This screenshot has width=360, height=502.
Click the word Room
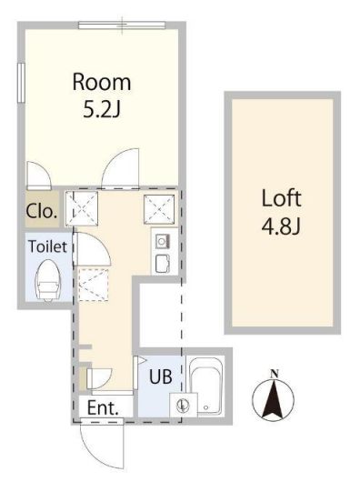(x=102, y=82)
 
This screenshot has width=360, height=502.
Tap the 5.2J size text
(x=102, y=109)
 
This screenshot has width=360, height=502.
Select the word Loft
(x=281, y=198)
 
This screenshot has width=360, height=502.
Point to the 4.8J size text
(x=281, y=226)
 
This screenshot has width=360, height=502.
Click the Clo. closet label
(x=42, y=211)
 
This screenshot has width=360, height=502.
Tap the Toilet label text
(x=48, y=246)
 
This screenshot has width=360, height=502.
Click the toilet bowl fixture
(x=47, y=280)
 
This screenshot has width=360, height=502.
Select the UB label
(x=161, y=376)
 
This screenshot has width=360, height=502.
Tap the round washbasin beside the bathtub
(x=183, y=405)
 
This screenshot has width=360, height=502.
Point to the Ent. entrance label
(x=103, y=407)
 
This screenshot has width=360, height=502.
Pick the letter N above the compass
(x=274, y=374)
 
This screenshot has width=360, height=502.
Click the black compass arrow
(x=273, y=399)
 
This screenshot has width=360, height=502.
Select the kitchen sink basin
(x=163, y=241)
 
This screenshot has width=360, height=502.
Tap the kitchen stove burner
(x=163, y=264)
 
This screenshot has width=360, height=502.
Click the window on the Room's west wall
(x=21, y=83)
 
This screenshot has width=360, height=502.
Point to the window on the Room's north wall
(x=122, y=25)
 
